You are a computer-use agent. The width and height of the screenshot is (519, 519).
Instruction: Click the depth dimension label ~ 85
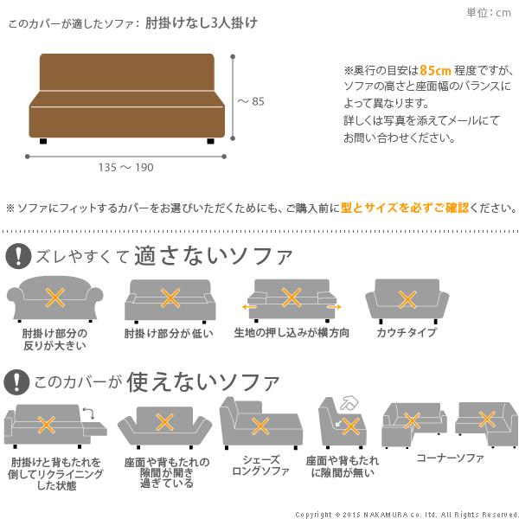pos(251,101)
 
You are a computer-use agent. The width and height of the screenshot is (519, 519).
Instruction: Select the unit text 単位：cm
pos(489,12)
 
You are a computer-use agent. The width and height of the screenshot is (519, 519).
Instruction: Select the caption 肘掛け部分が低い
pos(169,333)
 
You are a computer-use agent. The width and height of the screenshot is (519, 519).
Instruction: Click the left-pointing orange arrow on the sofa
pos(250,306)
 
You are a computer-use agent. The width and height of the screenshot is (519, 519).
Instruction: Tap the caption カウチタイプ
pos(407,333)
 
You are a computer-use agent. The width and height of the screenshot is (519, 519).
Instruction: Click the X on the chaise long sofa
pos(259,426)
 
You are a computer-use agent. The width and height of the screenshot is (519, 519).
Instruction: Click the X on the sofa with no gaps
pos(350,426)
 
